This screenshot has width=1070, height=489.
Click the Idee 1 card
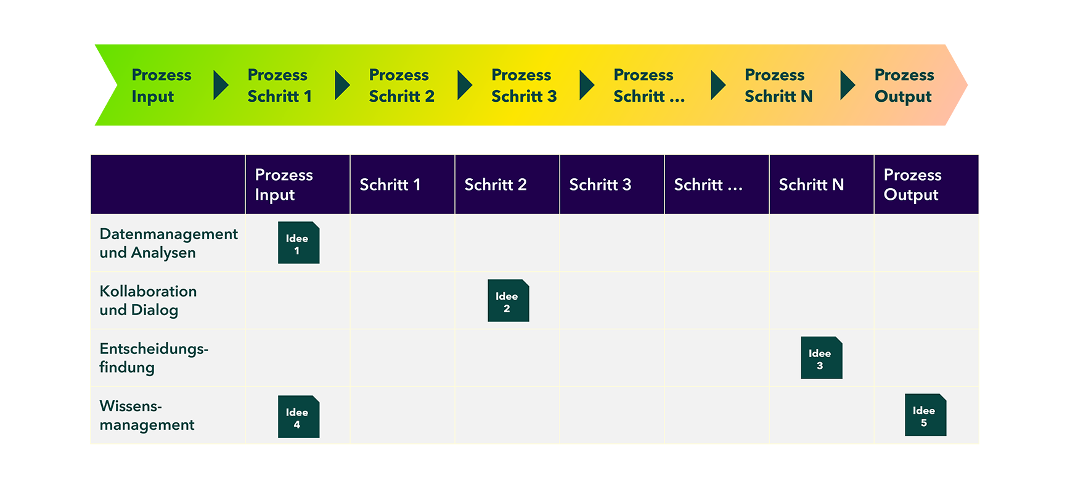pos(298,242)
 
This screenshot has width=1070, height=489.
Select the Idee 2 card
pos(508,300)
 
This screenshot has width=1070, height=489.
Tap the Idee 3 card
pos(821,358)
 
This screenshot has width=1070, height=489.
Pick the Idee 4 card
pos(298,417)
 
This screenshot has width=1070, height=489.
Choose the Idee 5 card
pos(925,415)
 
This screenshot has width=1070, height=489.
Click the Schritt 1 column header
pos(390,184)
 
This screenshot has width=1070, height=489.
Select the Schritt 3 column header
pos(600,184)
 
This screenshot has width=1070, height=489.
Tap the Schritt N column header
pos(811,184)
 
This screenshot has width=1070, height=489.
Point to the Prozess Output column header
pos(912,184)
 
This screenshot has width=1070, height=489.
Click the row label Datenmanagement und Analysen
pos(168,243)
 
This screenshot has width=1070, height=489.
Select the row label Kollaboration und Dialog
pos(148,300)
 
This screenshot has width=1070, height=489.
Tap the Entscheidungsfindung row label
pos(153,358)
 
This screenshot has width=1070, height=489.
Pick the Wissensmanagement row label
pos(147,415)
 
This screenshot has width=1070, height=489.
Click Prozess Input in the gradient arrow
pos(161,86)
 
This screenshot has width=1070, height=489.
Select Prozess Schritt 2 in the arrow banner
pos(401,86)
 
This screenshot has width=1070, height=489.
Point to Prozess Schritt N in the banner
pos(778,86)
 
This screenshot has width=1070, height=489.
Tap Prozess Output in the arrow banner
pos(904,86)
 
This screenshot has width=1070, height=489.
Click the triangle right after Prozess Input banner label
pos(220,85)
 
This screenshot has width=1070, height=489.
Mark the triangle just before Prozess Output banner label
pos(847,85)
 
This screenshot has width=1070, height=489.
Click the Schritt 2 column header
pos(496,184)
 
